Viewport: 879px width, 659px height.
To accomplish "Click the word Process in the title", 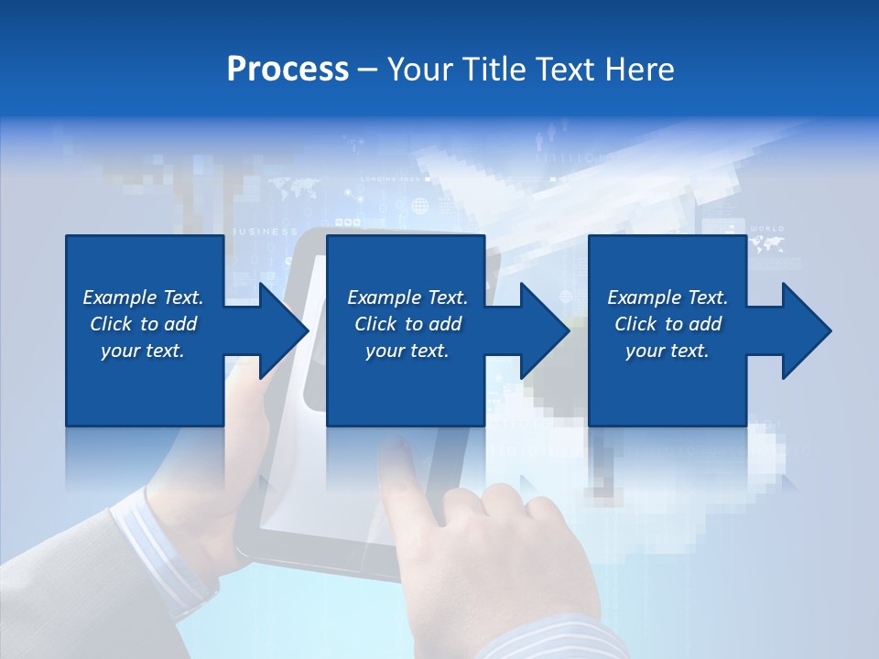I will coord(288,70).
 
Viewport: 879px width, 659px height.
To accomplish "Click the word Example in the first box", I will coord(119,297).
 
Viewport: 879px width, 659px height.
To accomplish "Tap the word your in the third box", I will coord(645,351).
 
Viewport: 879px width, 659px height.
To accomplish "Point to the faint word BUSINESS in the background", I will coord(266,232).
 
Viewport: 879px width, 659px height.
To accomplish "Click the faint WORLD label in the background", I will coord(767,229).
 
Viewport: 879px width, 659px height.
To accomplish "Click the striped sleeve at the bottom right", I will coord(549,641).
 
